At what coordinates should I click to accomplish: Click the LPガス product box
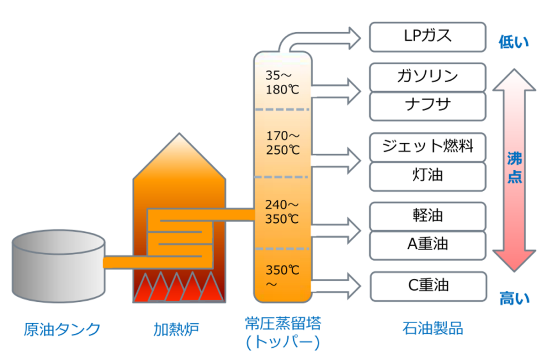(x=427, y=37)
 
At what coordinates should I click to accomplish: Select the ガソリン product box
(x=427, y=77)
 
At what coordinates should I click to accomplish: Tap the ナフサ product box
(x=427, y=106)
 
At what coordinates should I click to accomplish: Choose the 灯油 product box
(x=427, y=176)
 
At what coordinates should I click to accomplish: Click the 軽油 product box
(x=427, y=216)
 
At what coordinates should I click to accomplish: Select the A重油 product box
(x=427, y=245)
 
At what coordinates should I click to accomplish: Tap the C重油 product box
(x=427, y=286)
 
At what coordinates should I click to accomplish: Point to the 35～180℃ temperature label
(x=282, y=82)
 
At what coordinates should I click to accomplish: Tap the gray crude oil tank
(x=58, y=264)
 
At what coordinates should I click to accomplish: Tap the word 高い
(x=514, y=298)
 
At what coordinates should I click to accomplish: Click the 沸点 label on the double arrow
(x=514, y=168)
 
